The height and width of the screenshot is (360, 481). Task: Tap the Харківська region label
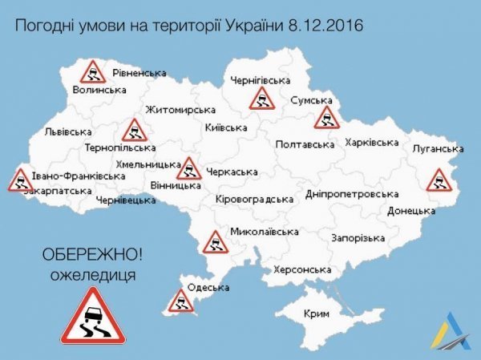pyautogui.click(x=371, y=143)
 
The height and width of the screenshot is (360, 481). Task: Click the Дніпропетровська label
pyautogui.click(x=352, y=194)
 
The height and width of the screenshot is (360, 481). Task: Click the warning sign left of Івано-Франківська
pyautogui.click(x=18, y=180)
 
